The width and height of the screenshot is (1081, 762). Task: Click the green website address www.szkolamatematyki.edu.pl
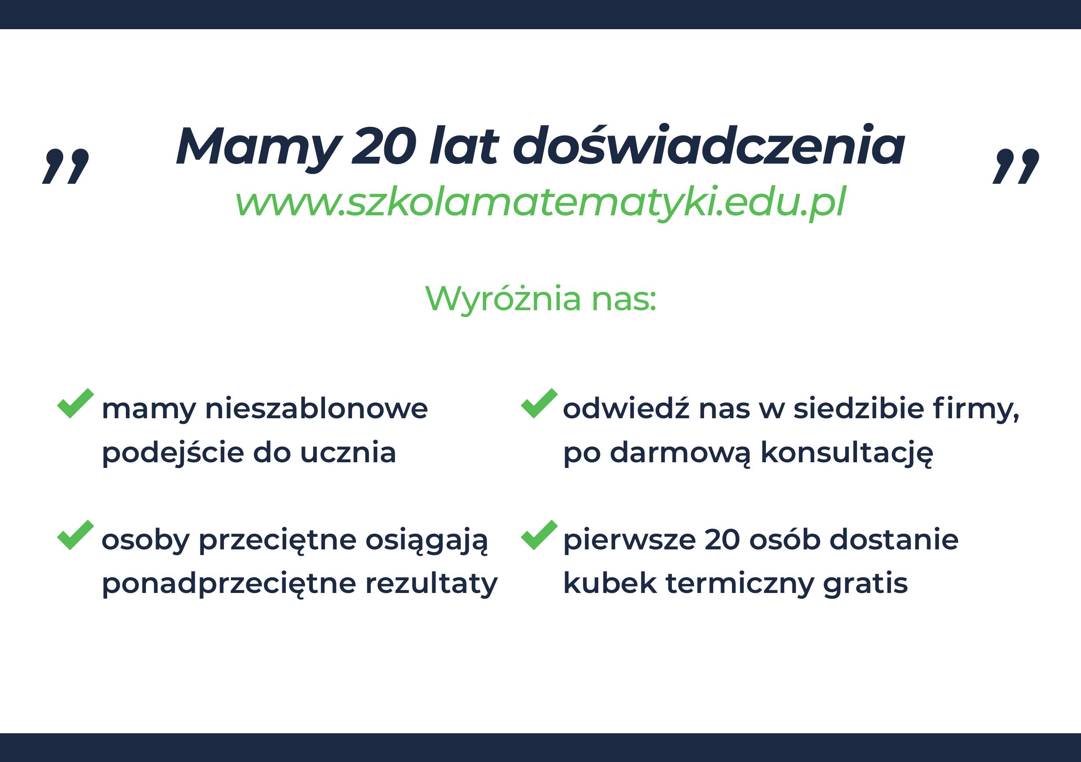(x=540, y=202)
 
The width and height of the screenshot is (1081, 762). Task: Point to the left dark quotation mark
(x=66, y=166)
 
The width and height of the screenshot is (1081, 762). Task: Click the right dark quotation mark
(x=1016, y=166)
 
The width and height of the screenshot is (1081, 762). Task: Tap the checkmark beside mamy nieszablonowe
(x=75, y=403)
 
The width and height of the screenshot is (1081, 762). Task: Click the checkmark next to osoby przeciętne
(x=75, y=535)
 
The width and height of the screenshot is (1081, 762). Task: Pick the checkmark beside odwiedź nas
(x=539, y=403)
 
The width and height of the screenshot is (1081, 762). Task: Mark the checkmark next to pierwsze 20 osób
(x=539, y=535)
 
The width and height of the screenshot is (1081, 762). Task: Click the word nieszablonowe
(x=316, y=408)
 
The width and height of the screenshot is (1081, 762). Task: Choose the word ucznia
(x=348, y=453)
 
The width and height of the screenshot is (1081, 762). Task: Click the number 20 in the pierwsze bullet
(x=723, y=539)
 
